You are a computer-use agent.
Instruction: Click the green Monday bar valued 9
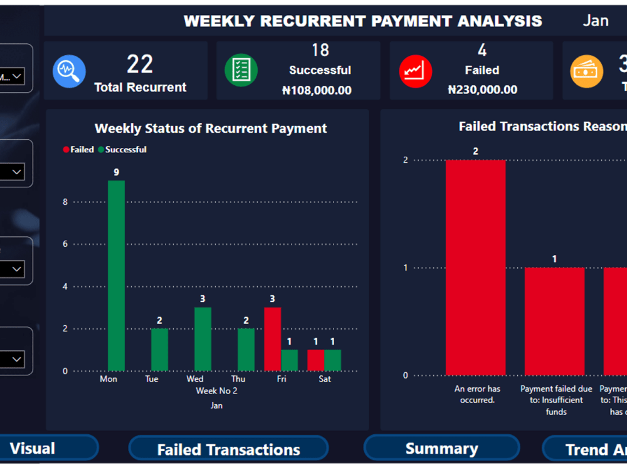pos(116,276)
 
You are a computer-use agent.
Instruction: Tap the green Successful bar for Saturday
pos(333,360)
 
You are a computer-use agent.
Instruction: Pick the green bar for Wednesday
pos(203,338)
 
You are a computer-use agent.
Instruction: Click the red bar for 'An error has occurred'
pos(475,268)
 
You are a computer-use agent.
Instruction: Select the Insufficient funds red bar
pos(554,321)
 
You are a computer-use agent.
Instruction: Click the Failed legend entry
pos(78,150)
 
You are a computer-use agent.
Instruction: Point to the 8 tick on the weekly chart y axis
pos(65,202)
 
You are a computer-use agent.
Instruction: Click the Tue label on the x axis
pos(152,379)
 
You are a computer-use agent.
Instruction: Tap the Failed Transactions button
pos(228,449)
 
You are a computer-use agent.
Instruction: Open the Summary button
pos(441,448)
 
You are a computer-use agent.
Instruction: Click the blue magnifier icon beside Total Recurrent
pos(69,71)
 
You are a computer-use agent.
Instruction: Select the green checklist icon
pos(241,70)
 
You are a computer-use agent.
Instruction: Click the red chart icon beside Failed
pos(415,70)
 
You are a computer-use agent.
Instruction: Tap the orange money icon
pos(586,71)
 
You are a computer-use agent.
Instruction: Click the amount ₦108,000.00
pos(317,90)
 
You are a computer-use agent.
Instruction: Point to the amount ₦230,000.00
pos(482,90)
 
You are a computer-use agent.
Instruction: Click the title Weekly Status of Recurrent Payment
pos(211,128)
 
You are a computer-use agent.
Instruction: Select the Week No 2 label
pos(216,391)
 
